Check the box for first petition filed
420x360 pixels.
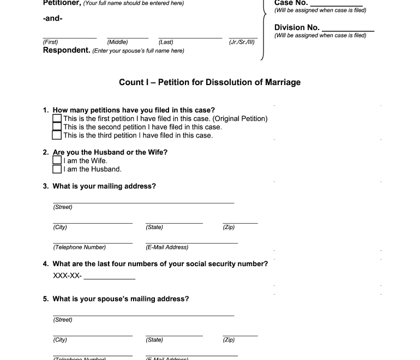pos(57,118)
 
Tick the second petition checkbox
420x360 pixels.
pos(57,127)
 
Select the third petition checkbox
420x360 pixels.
pos(57,135)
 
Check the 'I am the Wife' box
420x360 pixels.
pos(57,160)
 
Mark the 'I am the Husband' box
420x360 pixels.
pos(57,169)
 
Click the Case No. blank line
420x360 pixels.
pos(336,4)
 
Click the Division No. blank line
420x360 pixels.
pos(348,29)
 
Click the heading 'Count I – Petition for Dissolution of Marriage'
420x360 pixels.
pos(209,82)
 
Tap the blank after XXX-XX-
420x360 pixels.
pos(109,278)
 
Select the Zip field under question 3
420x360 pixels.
pos(240,222)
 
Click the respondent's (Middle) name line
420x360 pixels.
pos(128,37)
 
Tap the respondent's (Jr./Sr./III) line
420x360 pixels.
pos(243,37)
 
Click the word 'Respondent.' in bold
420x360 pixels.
pos(67,50)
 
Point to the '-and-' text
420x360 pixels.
pos(52,19)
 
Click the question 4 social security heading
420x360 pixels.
pos(160,264)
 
